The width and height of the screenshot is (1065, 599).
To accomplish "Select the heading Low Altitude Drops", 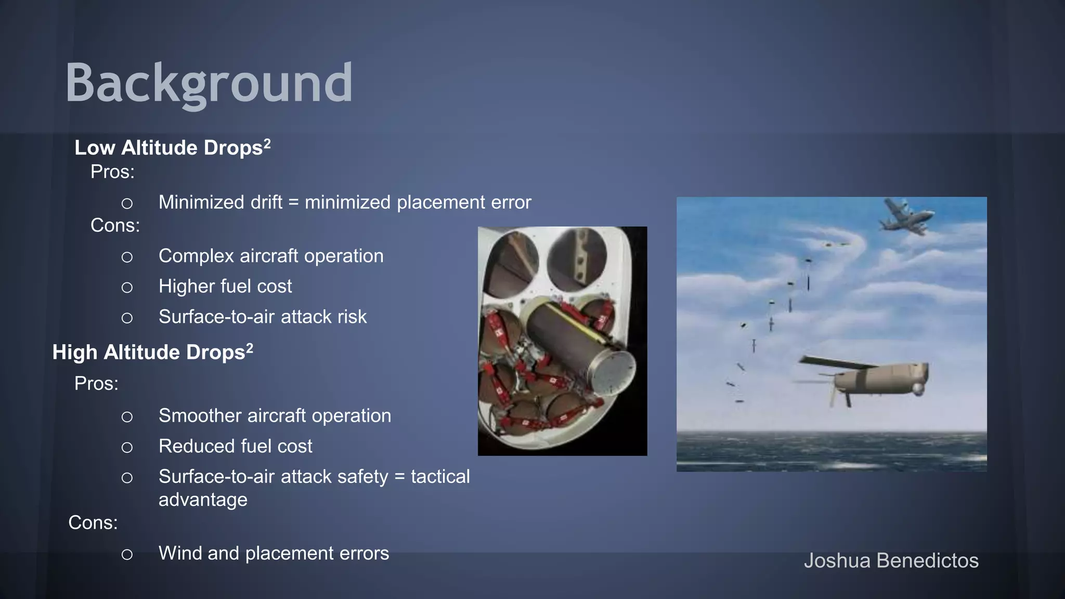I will [x=168, y=148].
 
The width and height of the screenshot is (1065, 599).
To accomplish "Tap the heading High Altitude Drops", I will [x=149, y=353].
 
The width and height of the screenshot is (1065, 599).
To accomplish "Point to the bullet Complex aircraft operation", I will [x=270, y=256].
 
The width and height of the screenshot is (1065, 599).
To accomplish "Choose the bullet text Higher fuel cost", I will [x=225, y=287].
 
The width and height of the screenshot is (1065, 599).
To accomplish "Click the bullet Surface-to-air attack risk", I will [x=262, y=317].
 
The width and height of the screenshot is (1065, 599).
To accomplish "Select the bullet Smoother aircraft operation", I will [x=275, y=416].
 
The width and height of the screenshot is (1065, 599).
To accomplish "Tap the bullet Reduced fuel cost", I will [x=235, y=446].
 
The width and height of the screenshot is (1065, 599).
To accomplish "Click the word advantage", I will [x=203, y=500].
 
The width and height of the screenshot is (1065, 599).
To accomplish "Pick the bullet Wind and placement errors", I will [x=274, y=553].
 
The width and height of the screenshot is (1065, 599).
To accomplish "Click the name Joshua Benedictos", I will [x=891, y=561].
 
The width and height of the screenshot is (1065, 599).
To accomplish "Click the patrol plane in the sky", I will [x=906, y=216].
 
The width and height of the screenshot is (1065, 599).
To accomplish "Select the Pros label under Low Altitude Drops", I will [x=112, y=172].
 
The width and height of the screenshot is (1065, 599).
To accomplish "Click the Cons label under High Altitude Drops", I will [x=93, y=523].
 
